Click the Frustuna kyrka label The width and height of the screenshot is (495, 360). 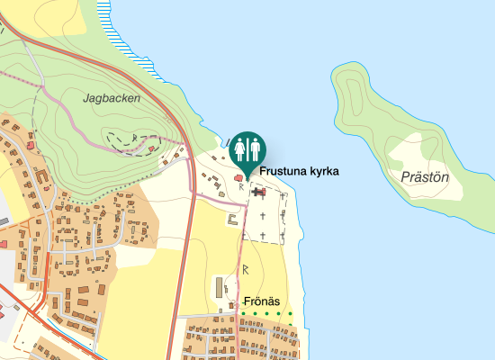coord(299,170)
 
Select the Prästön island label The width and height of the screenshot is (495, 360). coord(420,177)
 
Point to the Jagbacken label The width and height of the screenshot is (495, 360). coord(111,98)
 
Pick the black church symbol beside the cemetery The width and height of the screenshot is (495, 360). coord(259,191)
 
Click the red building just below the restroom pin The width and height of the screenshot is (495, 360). coord(239,178)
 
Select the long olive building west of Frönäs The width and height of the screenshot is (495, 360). coord(218,288)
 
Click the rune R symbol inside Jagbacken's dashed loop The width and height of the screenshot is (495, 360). coord(134,137)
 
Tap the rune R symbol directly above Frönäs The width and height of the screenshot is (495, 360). coord(245,269)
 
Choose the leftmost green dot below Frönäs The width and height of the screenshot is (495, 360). coord(242,313)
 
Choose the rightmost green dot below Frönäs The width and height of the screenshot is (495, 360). coord(291,313)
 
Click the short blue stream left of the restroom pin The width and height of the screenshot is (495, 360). coord(225,143)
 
